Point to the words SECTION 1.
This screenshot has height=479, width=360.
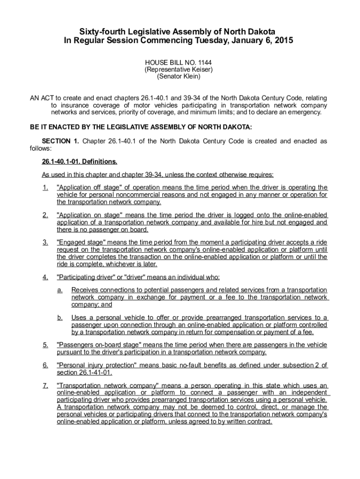(60, 141)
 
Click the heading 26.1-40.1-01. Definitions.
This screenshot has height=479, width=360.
(79, 162)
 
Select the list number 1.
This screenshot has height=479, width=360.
(45, 188)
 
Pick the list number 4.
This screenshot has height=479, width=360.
(45, 277)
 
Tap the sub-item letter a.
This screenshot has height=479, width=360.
(60, 290)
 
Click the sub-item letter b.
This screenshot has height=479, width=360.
(60, 318)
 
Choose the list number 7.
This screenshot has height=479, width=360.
(45, 386)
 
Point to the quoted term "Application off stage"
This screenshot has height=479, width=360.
(92, 188)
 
